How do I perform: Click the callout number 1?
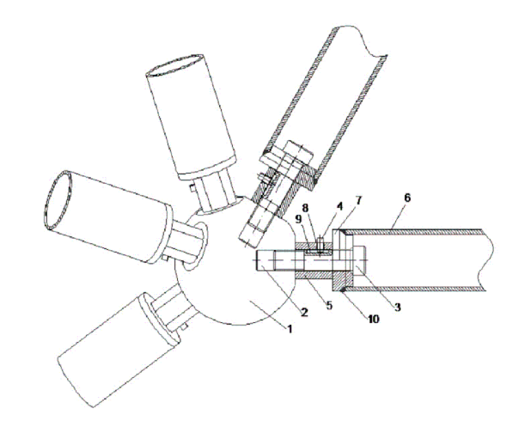(x=290, y=328)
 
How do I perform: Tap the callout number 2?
(x=304, y=312)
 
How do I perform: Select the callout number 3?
(x=397, y=307)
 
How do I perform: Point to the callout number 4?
(x=339, y=206)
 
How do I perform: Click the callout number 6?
(x=407, y=198)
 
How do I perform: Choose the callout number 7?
(x=358, y=200)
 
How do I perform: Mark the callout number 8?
(x=315, y=208)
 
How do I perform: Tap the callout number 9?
(x=298, y=219)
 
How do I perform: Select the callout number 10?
(x=373, y=319)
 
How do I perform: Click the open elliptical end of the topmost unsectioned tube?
(x=175, y=65)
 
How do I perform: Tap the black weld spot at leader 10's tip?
(x=344, y=289)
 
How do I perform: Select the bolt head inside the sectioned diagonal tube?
(x=299, y=154)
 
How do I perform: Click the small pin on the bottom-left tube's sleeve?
(x=184, y=326)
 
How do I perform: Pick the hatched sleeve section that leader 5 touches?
(x=314, y=275)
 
